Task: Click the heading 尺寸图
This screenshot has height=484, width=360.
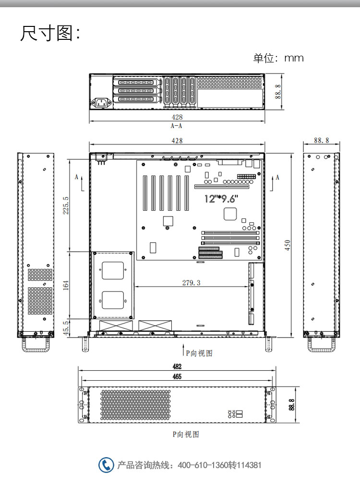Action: coord(47,33)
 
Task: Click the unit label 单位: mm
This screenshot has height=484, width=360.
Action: coord(278,58)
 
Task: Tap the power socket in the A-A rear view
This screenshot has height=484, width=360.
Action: coord(101,103)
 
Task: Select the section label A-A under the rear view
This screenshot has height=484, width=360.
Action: coord(177,126)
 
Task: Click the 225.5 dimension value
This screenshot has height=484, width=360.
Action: coord(66,206)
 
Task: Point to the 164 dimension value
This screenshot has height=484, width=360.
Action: coord(66,285)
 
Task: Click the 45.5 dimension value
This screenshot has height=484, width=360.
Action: coord(66,328)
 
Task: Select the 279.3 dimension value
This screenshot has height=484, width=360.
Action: coord(191,282)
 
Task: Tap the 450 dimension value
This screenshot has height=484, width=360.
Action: coord(288,245)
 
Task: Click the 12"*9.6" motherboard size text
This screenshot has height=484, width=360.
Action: coord(221,198)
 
